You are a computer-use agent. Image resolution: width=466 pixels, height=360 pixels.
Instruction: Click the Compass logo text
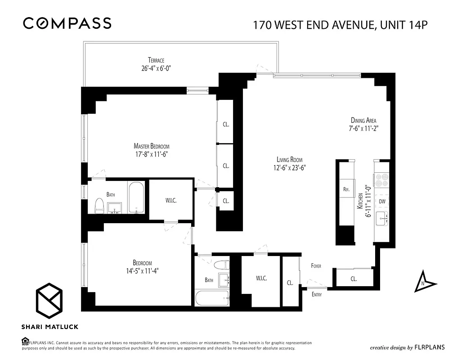pos(67,23)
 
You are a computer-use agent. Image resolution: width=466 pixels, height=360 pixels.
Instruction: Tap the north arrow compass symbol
pos(425,281)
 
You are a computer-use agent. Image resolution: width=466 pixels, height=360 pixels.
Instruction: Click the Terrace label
pos(156,60)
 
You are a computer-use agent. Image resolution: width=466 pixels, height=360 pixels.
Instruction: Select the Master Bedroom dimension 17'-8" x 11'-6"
pos(152,154)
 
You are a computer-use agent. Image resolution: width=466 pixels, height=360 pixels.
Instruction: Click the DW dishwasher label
pos(382,202)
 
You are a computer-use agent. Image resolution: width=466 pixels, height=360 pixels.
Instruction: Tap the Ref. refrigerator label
pos(346,189)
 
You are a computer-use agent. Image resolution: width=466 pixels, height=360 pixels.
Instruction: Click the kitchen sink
pos(382,219)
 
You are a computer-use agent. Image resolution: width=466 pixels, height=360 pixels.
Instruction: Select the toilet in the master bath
pos(99,206)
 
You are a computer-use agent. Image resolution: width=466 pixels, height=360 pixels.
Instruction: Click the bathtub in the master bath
pos(136,197)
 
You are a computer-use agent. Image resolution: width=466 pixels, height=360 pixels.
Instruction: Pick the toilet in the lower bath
pos(221,265)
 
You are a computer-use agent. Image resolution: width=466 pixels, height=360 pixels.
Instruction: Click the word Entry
pos(317,294)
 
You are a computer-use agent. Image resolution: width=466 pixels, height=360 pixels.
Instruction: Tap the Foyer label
pos(316,266)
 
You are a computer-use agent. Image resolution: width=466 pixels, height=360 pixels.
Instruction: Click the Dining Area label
pos(363,121)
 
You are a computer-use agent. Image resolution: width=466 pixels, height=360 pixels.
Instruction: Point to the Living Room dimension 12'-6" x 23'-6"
pos(290,168)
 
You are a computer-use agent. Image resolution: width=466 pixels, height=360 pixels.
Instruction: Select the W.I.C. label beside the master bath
pos(171,201)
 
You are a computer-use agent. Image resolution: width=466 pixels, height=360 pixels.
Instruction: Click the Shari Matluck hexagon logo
pos(49,301)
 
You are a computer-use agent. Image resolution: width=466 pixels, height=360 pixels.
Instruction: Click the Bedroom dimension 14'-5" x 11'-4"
pos(142,271)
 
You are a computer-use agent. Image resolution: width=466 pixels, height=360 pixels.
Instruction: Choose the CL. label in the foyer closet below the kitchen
pos(354,279)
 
